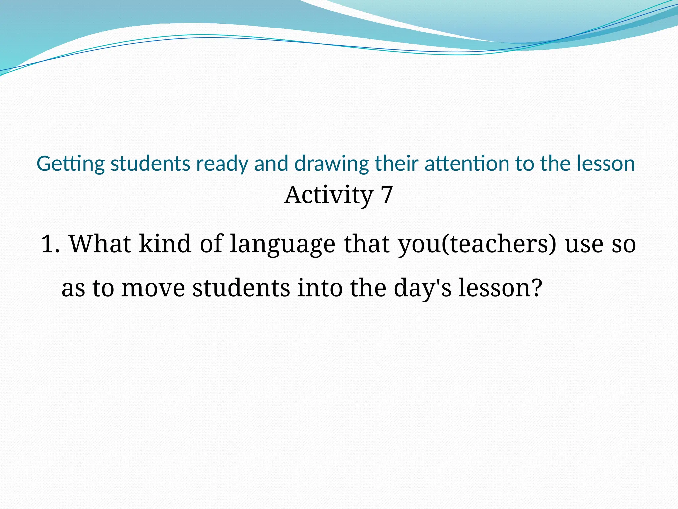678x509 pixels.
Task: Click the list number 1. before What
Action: [x=51, y=244]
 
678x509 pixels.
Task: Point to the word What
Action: [x=100, y=244]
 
